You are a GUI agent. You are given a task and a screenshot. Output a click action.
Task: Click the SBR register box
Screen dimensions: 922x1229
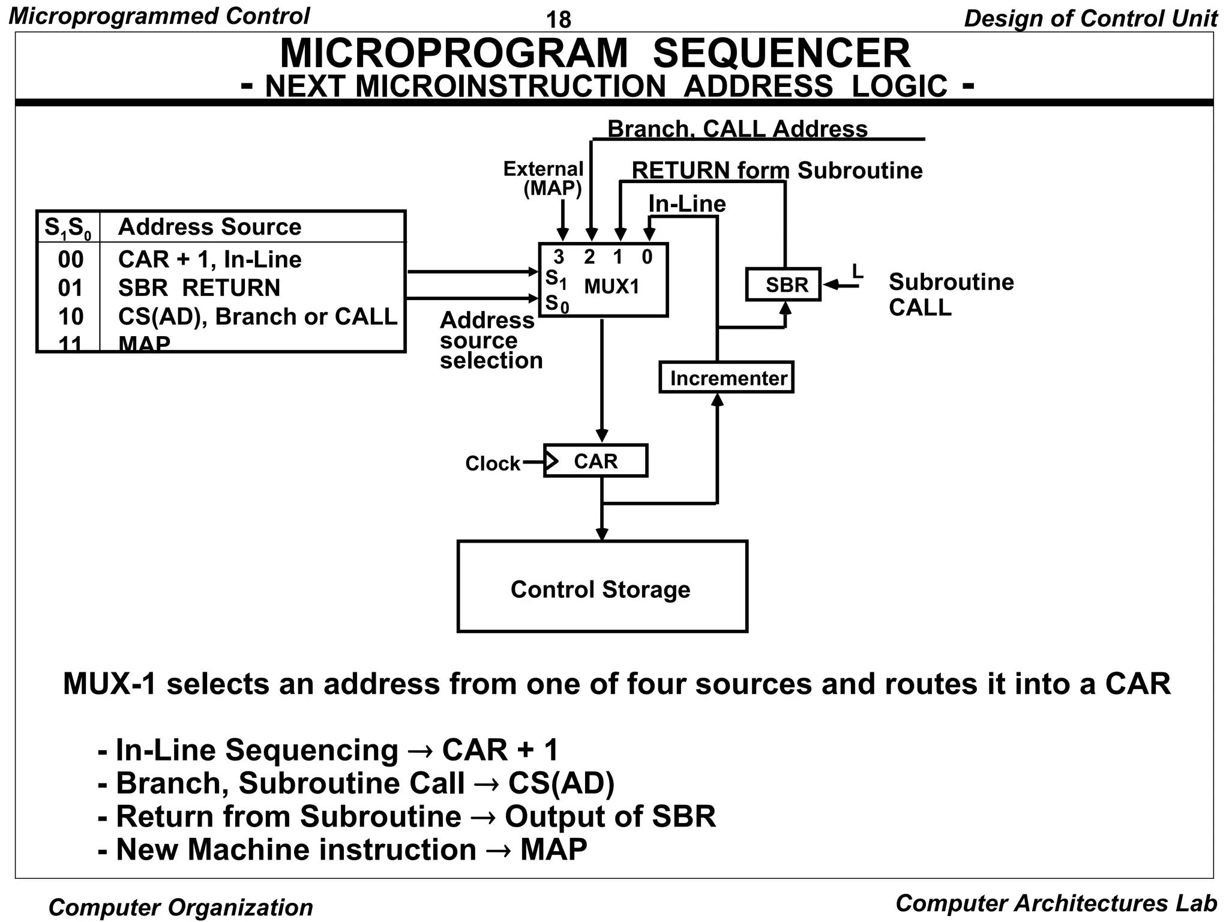click(x=783, y=285)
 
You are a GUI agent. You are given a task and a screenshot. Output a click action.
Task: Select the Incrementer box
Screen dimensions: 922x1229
click(x=726, y=378)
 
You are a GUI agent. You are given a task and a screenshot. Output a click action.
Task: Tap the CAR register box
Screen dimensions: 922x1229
click(x=595, y=461)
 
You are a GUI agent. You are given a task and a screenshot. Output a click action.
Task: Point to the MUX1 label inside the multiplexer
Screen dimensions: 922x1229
click(x=611, y=287)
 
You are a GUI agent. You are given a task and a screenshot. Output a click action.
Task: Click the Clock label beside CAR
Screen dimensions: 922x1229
click(x=493, y=463)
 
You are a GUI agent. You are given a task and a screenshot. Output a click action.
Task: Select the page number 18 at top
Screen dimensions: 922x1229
click(x=558, y=20)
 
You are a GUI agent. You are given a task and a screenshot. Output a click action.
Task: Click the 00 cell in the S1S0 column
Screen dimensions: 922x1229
click(x=70, y=260)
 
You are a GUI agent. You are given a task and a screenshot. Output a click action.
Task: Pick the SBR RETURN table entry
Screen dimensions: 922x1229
click(x=199, y=288)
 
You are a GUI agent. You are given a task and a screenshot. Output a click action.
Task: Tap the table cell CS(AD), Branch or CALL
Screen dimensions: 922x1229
click(x=257, y=316)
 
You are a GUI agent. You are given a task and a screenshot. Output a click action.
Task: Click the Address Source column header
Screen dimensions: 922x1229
click(x=209, y=227)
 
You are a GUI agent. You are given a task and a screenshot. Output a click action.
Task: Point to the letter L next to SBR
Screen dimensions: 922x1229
click(x=858, y=272)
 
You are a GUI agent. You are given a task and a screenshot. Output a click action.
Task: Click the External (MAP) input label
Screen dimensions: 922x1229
click(x=543, y=179)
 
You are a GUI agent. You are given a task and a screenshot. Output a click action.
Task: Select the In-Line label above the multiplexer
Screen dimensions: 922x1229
click(x=687, y=204)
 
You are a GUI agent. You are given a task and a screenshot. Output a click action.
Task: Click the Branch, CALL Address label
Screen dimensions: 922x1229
click(x=738, y=128)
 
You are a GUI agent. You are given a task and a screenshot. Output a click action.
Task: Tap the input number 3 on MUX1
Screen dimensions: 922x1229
click(x=559, y=257)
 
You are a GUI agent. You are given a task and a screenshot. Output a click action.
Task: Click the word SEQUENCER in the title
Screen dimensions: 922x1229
click(x=781, y=53)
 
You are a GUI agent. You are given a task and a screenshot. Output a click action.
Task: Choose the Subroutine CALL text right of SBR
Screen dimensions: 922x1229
click(x=951, y=294)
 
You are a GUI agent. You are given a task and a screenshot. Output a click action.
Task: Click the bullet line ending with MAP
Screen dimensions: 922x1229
click(x=342, y=849)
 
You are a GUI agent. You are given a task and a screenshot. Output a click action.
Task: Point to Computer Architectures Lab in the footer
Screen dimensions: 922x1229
click(x=1056, y=903)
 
